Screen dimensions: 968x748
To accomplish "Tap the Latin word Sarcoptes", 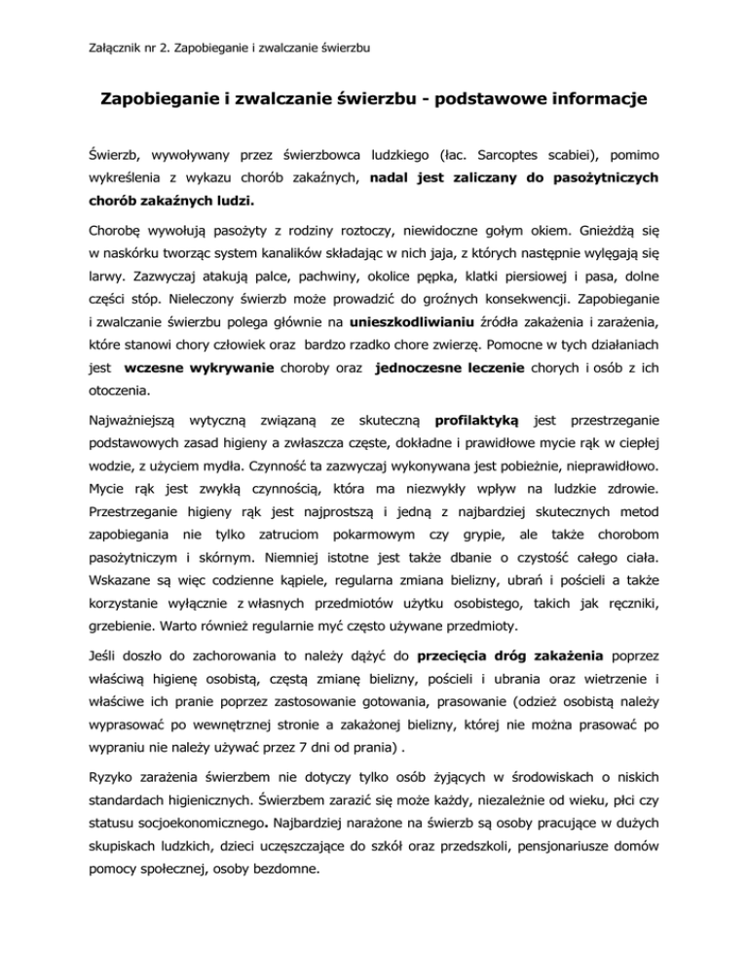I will coord(516,154).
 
